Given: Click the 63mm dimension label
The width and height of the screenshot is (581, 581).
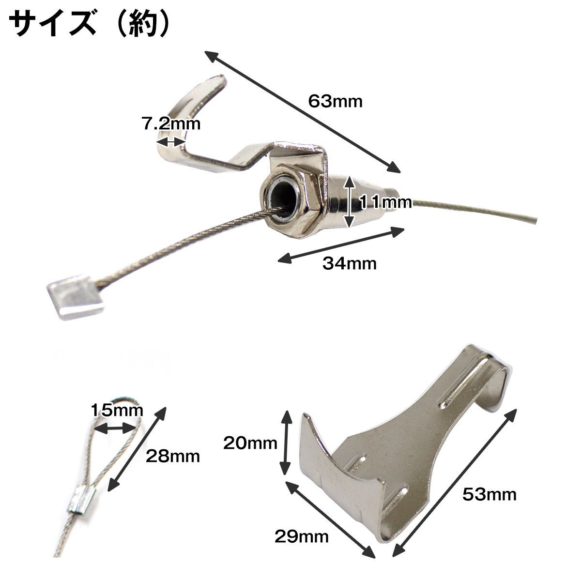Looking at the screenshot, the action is [x=335, y=101].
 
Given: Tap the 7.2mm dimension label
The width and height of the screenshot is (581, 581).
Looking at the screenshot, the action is [x=171, y=123].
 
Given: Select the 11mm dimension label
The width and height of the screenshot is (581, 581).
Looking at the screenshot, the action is [x=385, y=202].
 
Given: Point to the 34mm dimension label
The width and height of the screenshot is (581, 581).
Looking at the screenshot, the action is [x=350, y=263].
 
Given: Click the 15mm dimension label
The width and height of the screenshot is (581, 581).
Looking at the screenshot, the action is [x=117, y=410].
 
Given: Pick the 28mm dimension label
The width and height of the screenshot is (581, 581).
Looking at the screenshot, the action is [x=173, y=457].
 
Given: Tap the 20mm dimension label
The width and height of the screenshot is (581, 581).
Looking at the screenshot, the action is [x=250, y=443].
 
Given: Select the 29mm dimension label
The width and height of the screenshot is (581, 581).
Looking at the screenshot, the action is [x=302, y=536].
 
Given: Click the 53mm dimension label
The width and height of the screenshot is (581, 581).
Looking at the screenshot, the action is [x=489, y=494].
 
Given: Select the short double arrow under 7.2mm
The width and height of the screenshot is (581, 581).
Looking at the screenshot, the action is [x=170, y=142].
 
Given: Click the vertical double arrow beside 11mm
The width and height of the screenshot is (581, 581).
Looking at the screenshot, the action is [x=349, y=202].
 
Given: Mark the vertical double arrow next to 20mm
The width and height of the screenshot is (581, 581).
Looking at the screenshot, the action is [x=285, y=443].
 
